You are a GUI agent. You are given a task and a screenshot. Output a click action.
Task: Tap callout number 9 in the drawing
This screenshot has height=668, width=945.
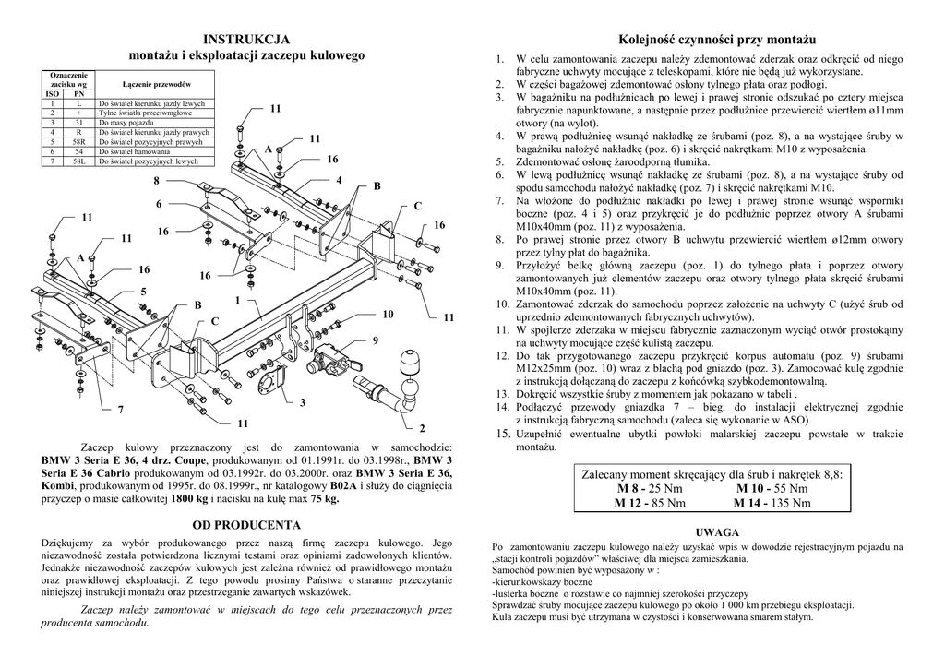(x=376, y=340)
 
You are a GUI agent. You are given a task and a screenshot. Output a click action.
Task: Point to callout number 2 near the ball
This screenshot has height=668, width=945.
(x=422, y=428)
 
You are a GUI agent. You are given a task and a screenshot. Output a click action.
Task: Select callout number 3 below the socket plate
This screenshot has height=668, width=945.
(x=302, y=403)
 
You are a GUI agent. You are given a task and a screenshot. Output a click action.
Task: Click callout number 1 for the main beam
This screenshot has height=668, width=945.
(x=237, y=301)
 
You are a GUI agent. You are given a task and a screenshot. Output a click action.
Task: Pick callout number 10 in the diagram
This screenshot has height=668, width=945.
(x=388, y=315)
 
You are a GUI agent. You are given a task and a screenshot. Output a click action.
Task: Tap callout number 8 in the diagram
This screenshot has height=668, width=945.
(x=157, y=180)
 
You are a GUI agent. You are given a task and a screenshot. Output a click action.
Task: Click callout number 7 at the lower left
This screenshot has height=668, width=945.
(x=120, y=409)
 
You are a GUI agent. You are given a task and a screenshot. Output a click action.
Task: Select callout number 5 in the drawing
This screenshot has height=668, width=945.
(x=143, y=292)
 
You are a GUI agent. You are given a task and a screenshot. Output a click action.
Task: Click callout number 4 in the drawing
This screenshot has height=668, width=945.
(x=339, y=179)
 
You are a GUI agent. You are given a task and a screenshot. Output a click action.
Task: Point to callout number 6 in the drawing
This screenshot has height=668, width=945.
(x=159, y=203)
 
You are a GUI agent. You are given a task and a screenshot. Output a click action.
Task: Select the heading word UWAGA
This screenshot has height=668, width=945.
(x=716, y=532)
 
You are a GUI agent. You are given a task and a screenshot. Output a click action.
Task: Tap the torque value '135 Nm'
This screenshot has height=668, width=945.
(x=790, y=503)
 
